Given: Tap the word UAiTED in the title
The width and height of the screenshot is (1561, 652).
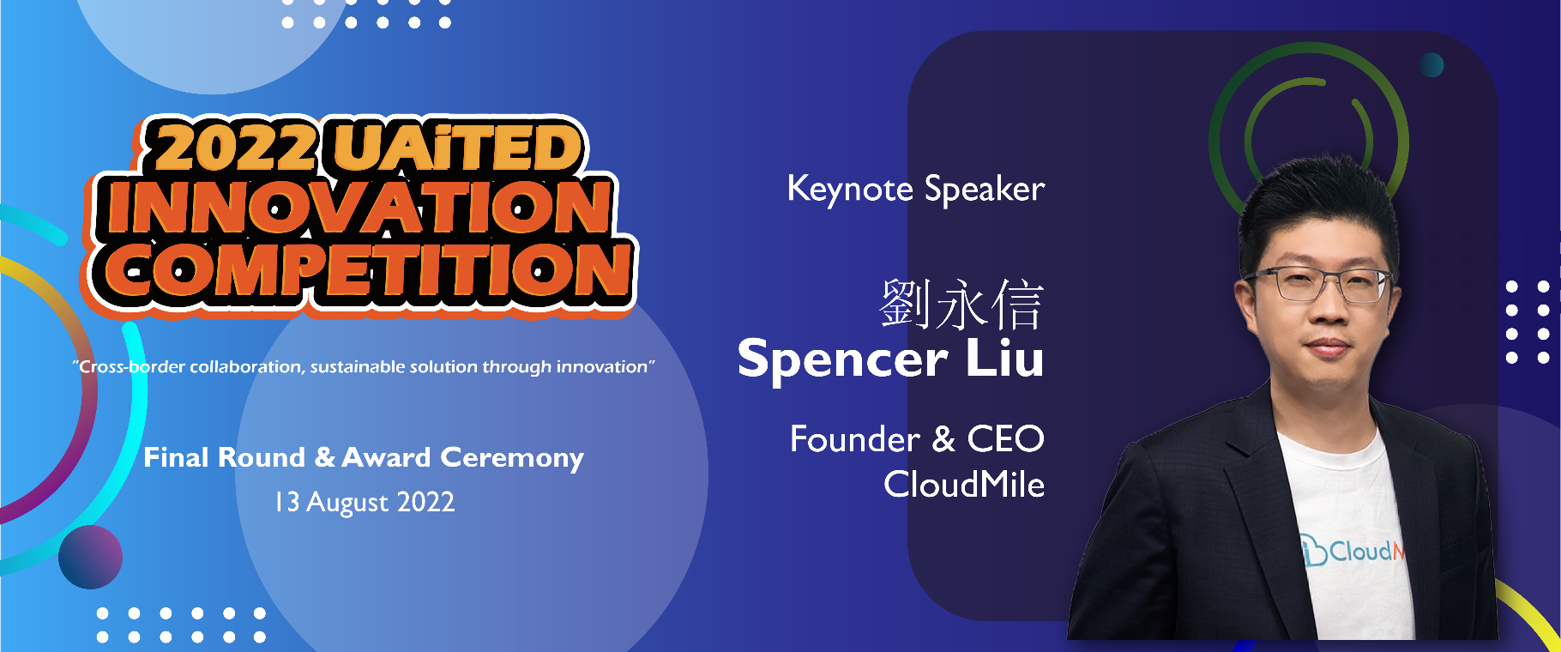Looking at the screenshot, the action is click(x=458, y=147).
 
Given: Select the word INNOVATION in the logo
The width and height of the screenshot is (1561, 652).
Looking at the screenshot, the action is click(x=359, y=207).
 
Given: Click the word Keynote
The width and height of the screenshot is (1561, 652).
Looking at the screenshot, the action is click(x=850, y=189).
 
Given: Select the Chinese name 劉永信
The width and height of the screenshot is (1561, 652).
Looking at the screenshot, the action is click(x=961, y=305).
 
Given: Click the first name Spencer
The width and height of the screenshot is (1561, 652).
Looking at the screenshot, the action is click(x=842, y=359).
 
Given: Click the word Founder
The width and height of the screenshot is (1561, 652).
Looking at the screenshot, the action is click(x=854, y=439).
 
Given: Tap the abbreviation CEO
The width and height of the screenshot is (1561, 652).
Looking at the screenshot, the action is click(x=1006, y=439).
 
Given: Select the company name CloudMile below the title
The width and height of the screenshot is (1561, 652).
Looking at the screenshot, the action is click(x=964, y=485).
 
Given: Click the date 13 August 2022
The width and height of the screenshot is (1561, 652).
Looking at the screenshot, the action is click(x=365, y=502).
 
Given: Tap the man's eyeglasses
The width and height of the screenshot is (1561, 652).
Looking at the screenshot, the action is click(x=1317, y=285).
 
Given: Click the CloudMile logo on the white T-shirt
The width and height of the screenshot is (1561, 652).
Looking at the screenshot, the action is click(x=1352, y=550).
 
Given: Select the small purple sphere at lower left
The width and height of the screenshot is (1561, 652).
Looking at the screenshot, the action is click(x=90, y=557).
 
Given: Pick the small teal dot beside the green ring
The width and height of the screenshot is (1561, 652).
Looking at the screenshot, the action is click(x=1431, y=64).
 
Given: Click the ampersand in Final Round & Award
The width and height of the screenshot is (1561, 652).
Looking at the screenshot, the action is click(x=325, y=457).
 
